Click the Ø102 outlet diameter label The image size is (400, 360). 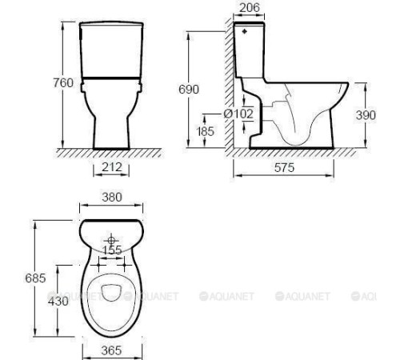[x=238, y=114]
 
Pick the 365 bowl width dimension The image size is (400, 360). [x=111, y=350]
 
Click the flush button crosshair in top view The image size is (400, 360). [x=111, y=238]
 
